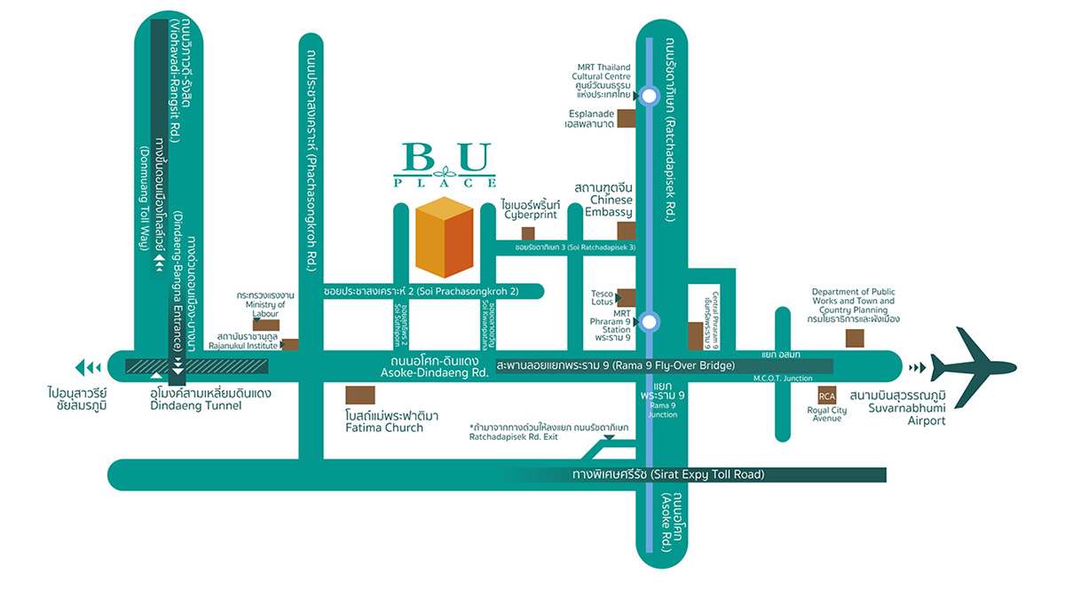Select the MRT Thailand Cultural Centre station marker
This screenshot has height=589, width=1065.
coord(650,95)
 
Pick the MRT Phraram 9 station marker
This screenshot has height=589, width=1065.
coord(650,321)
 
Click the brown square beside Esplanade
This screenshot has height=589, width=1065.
coord(627,119)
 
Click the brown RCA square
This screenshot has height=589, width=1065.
coord(826,396)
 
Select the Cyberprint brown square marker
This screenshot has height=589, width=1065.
coord(528,233)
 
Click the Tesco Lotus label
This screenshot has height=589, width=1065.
coord(603,297)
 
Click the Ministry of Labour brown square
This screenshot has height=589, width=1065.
coord(266,325)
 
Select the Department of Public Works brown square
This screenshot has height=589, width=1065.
coord(855,337)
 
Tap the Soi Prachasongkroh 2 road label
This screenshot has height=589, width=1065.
coord(421,291)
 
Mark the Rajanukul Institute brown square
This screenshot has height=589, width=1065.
coord(289,344)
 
